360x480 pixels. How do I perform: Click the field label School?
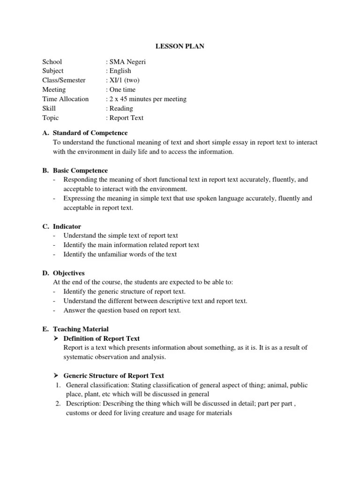coord(52,62)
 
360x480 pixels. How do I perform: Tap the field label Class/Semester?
coord(64,81)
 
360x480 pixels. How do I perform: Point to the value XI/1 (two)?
coord(124,81)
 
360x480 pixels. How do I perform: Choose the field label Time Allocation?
coord(65,99)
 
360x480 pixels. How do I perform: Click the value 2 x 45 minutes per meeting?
coord(147,99)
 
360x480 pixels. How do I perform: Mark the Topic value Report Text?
coord(126,118)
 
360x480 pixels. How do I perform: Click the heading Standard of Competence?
coord(90,133)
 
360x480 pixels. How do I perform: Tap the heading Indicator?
coord(67,226)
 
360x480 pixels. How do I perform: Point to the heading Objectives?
coord(69,273)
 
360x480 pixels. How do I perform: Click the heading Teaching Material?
coord(81,329)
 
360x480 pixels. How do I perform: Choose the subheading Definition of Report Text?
coord(101,338)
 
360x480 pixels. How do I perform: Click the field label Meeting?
coord(54,90)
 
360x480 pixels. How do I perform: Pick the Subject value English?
coord(120,71)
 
